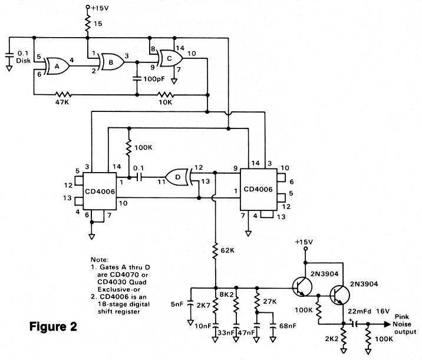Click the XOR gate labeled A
[56, 67]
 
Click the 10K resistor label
[166, 102]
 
